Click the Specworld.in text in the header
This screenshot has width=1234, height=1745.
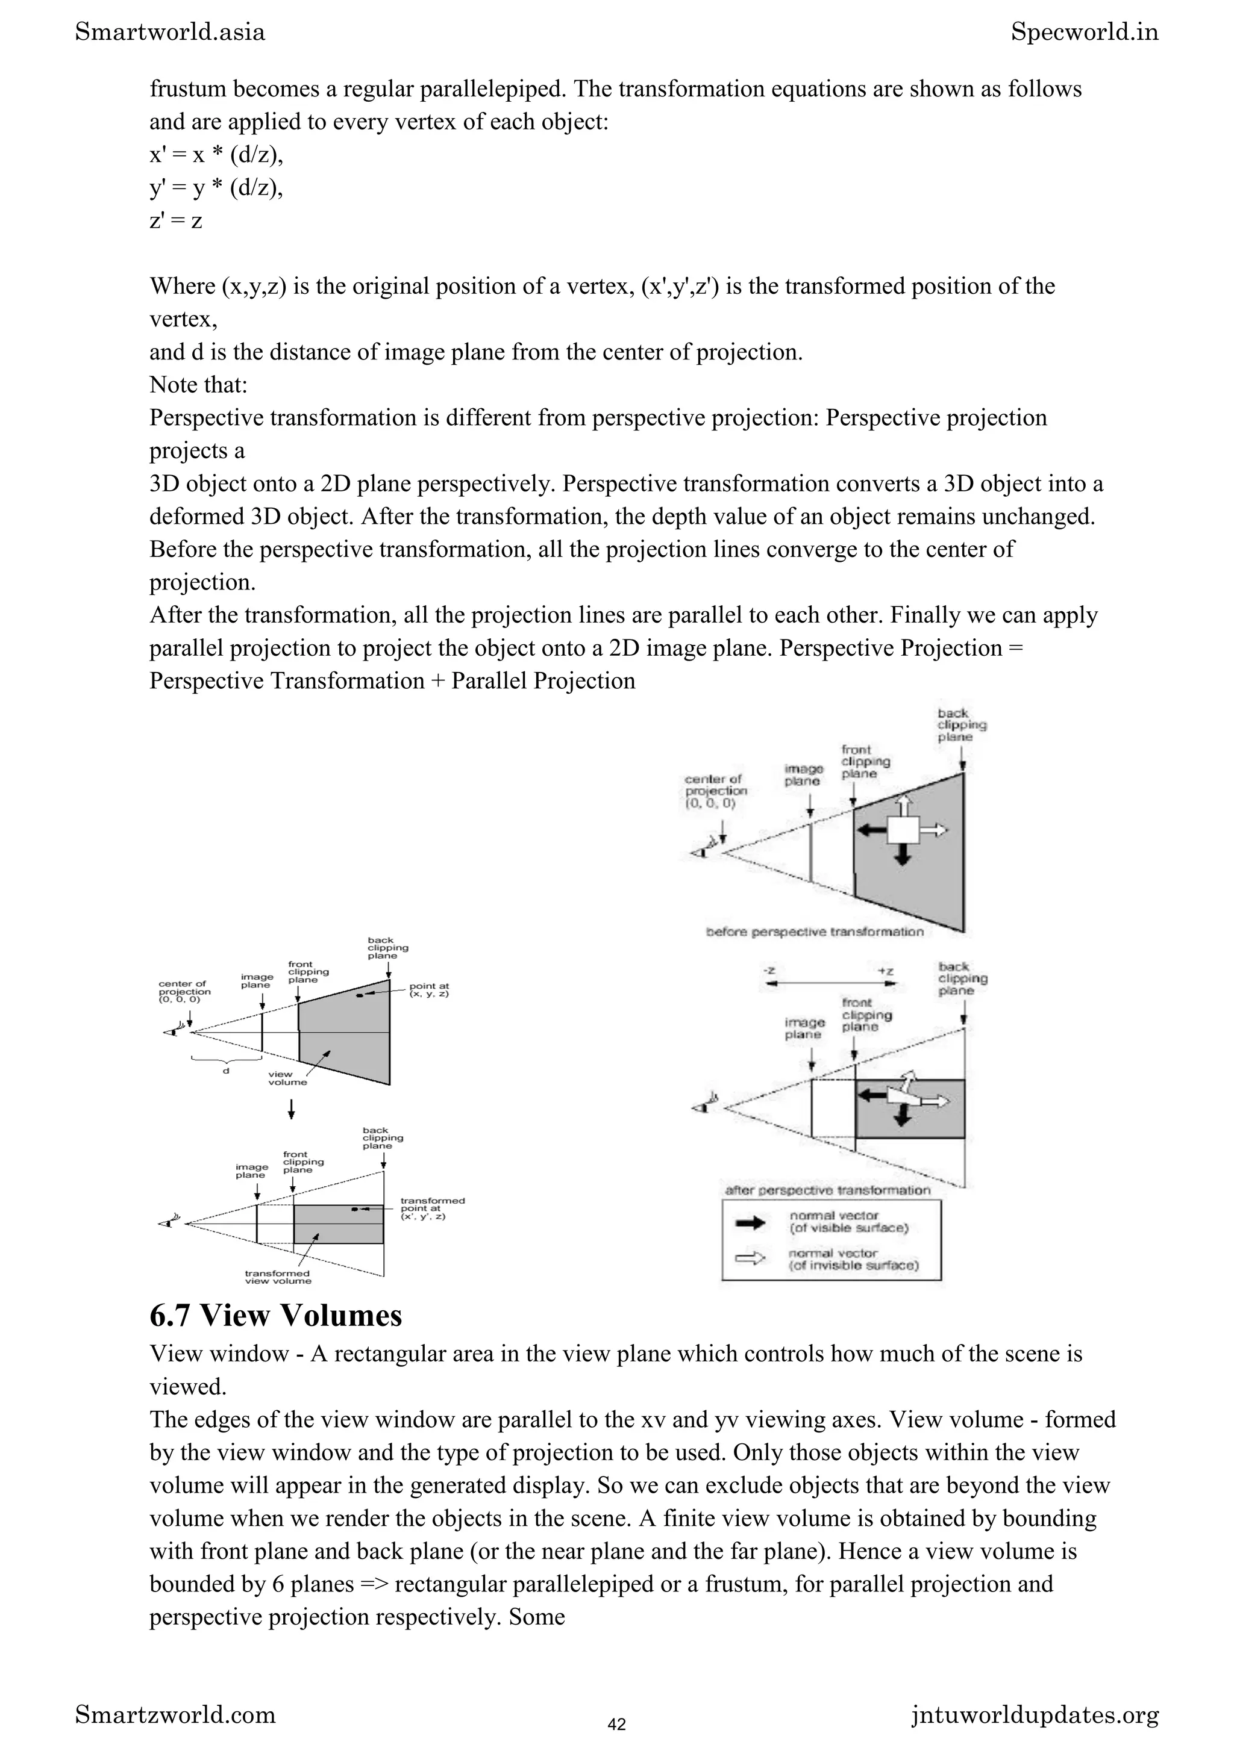tap(1084, 32)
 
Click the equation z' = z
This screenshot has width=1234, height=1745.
tap(175, 220)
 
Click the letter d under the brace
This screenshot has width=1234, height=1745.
tap(226, 1071)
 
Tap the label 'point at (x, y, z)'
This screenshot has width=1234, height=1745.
tap(430, 991)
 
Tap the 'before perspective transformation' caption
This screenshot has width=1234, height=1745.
tap(814, 932)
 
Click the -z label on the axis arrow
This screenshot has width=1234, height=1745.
tap(769, 971)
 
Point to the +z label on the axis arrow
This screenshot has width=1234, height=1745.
tap(885, 971)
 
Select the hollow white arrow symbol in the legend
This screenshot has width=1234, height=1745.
tap(750, 1259)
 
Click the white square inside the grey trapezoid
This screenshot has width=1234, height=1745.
tap(903, 829)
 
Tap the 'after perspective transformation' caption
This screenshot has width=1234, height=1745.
tap(827, 1190)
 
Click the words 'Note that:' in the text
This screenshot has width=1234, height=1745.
tap(198, 385)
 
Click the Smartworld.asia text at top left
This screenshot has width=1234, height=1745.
tap(171, 32)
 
